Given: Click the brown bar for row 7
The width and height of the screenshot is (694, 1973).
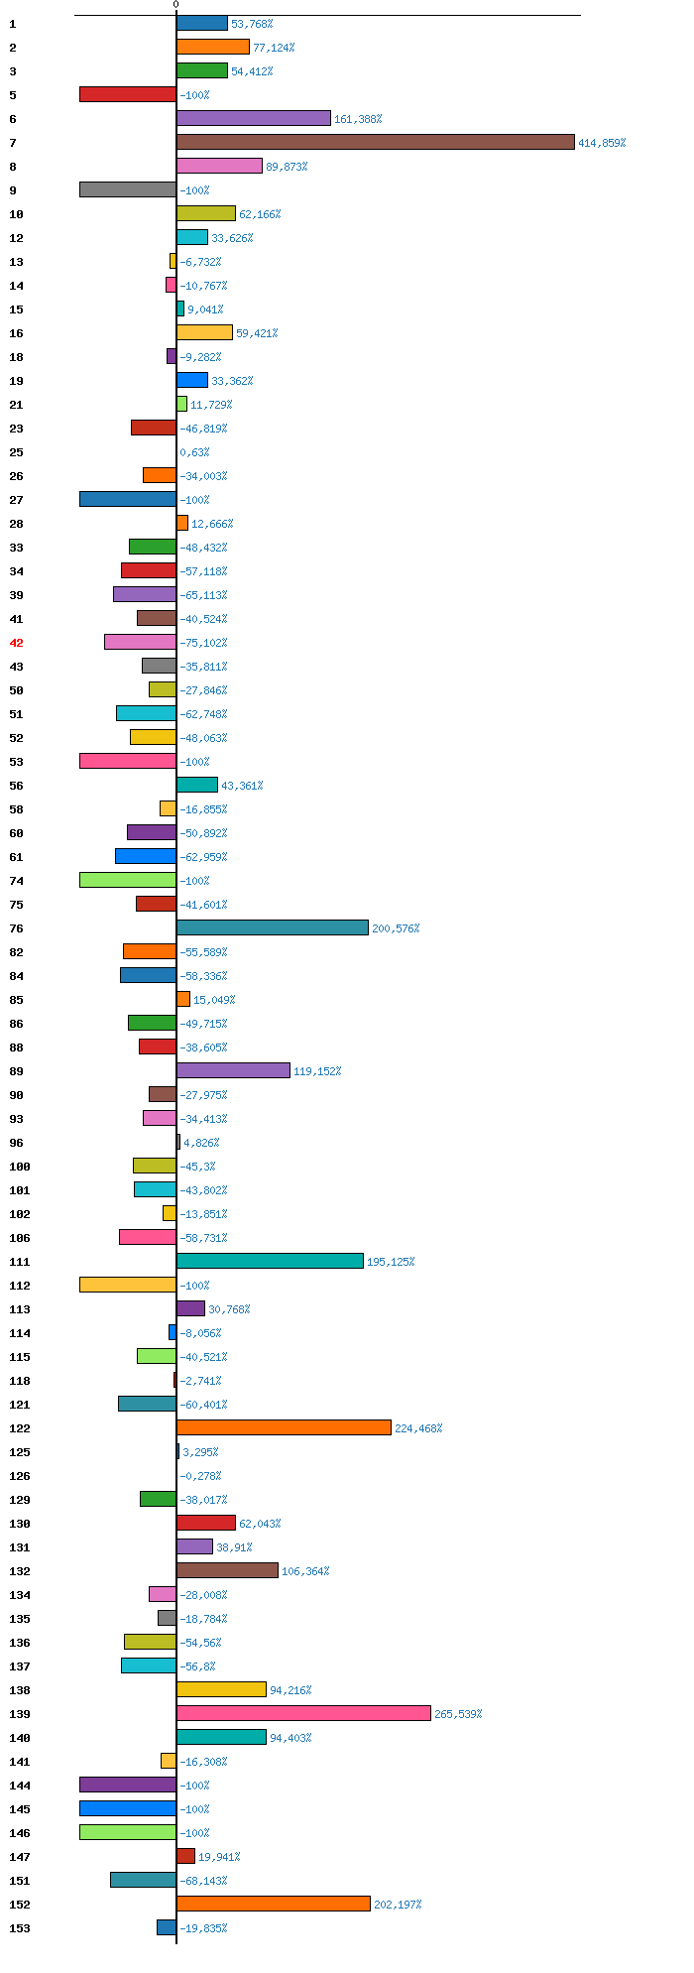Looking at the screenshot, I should pyautogui.click(x=375, y=142).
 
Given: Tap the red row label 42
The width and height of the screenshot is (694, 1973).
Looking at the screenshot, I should pyautogui.click(x=16, y=643).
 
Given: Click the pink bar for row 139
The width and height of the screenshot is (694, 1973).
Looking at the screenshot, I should pyautogui.click(x=303, y=1713).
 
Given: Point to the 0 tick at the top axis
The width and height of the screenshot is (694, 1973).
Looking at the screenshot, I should pyautogui.click(x=175, y=5).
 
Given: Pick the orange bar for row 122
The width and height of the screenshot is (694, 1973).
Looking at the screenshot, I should pyautogui.click(x=284, y=1427).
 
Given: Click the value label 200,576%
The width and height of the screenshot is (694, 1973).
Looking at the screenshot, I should pyautogui.click(x=396, y=928).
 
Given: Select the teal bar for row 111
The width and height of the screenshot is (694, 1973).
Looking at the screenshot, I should pyautogui.click(x=270, y=1261).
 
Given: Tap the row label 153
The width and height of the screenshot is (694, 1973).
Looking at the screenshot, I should pyautogui.click(x=19, y=1928).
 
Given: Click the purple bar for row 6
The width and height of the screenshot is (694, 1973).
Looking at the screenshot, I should pyautogui.click(x=253, y=118).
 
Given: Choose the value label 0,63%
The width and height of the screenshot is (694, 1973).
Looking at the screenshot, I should pyautogui.click(x=194, y=452).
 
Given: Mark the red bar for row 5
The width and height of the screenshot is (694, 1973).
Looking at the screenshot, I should pyautogui.click(x=128, y=94).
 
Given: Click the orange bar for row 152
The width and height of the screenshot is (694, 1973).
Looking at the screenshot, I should pyautogui.click(x=273, y=1904).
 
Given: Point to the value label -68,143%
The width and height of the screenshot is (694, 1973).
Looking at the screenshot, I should pyautogui.click(x=203, y=1881).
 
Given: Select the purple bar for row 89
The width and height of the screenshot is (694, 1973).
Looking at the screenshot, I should pyautogui.click(x=233, y=1070).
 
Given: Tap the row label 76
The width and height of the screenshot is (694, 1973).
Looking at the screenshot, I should pyautogui.click(x=16, y=928).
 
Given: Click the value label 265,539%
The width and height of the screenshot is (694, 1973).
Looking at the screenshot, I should pyautogui.click(x=458, y=1714).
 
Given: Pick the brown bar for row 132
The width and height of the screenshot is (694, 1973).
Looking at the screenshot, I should pyautogui.click(x=227, y=1570).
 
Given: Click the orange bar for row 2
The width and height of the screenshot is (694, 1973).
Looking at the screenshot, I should pyautogui.click(x=212, y=47).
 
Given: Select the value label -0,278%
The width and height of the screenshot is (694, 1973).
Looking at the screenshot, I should pyautogui.click(x=200, y=1476).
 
